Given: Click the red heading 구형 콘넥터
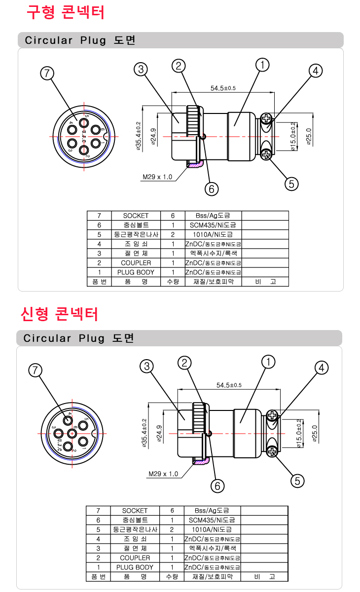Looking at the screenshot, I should pos(66,12).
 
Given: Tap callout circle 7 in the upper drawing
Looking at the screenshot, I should pos(46,74).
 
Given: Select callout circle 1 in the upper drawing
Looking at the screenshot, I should pos(263,65).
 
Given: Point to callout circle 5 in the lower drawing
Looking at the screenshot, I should pos(297,481).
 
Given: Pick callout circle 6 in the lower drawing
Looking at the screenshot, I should pos(217,485).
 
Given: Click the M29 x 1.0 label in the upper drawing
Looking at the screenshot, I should pos(157,177).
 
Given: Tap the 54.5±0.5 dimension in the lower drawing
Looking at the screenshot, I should pos(229,385).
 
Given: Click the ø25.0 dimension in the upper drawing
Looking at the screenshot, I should pos(309,137).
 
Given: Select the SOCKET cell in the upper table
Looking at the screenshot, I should pos(136,216).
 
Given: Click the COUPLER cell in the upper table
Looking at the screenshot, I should pos(136,263).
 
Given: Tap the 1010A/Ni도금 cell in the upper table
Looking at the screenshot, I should pos(213,234).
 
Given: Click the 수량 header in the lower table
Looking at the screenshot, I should pos(172,577).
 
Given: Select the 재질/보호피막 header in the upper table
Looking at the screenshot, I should pos(213,282).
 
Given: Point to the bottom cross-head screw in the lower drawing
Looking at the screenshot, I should pos(272,450).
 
